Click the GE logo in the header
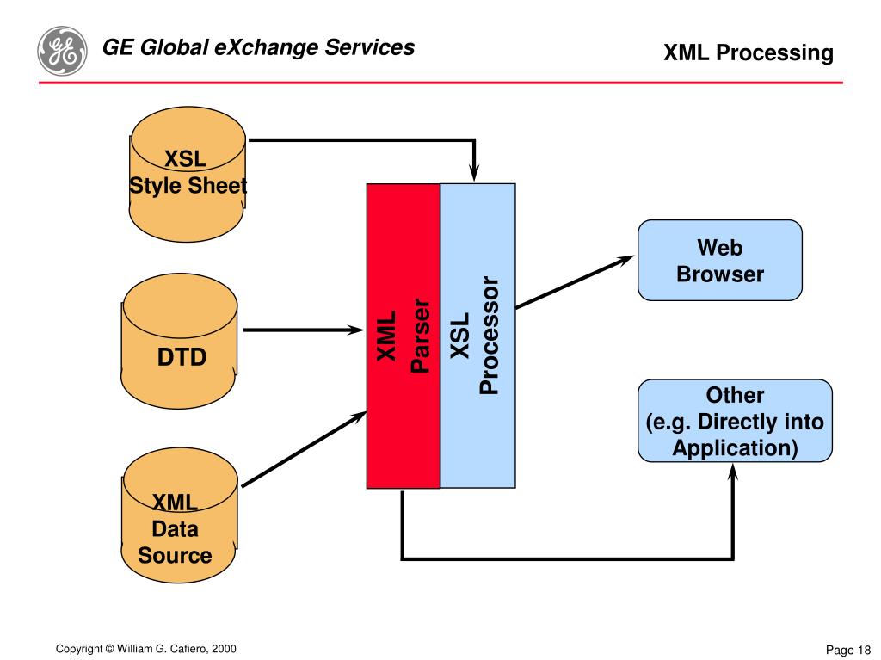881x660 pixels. [x=62, y=49]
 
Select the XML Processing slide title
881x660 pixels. [x=748, y=53]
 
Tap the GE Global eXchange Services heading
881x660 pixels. [x=258, y=47]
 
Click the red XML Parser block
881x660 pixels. [x=404, y=336]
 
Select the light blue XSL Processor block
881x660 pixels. [x=477, y=336]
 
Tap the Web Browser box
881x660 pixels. [x=719, y=261]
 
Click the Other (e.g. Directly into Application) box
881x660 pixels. [x=735, y=422]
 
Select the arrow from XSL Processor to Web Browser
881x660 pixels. [x=575, y=281]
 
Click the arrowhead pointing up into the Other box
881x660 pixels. [x=733, y=472]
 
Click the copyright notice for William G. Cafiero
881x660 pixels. [x=145, y=649]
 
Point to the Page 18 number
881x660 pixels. [x=848, y=650]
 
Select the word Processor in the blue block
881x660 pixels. [x=490, y=336]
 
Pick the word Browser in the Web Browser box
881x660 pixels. [x=720, y=274]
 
